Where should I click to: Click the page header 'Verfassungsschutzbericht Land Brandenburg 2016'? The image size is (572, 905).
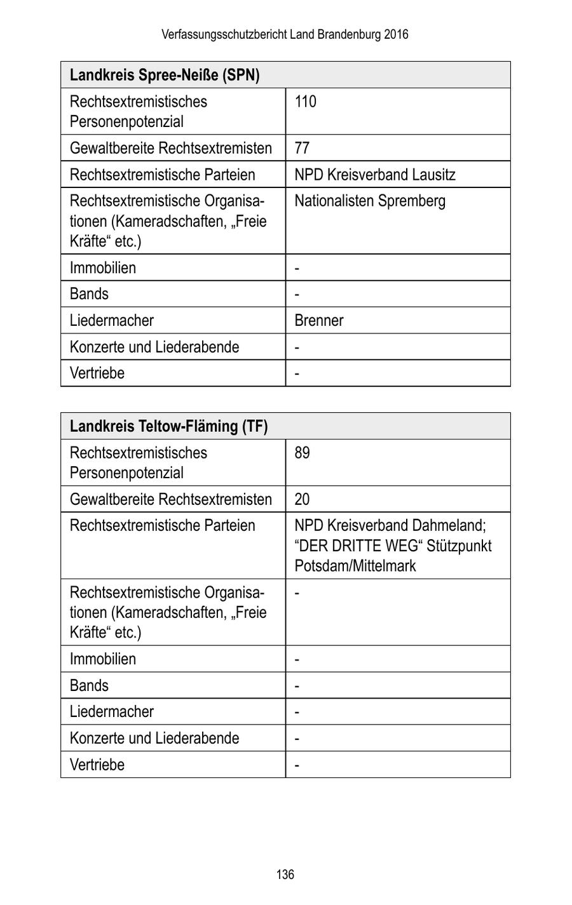[x=285, y=34]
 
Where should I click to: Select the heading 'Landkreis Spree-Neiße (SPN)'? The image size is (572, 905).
[x=165, y=75]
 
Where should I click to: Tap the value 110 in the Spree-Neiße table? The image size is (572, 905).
[x=305, y=102]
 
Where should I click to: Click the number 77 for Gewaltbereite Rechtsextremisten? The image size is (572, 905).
[x=302, y=148]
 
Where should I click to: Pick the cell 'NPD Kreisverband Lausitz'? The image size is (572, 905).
[x=374, y=175]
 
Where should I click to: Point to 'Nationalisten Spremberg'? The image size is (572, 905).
[x=369, y=201]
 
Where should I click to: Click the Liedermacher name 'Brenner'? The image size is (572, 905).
[x=318, y=320]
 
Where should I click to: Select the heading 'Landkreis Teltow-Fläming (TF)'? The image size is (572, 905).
[x=168, y=426]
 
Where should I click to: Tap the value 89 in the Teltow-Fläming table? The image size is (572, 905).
[x=302, y=453]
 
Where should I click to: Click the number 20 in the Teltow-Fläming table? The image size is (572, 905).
[x=302, y=499]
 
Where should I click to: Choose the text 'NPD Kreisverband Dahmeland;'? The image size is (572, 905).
[x=390, y=526]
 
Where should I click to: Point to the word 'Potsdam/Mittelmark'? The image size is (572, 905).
[x=355, y=566]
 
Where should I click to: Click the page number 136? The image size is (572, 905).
[x=285, y=875]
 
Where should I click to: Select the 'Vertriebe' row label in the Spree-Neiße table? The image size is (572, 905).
[x=97, y=373]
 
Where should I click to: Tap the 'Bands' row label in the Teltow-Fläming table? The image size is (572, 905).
[x=89, y=685]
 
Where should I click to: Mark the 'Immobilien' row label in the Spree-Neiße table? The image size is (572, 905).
[x=102, y=267]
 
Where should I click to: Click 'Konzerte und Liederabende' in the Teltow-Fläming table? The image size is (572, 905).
[x=154, y=738]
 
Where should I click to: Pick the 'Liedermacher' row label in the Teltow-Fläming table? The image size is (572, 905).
[x=111, y=711]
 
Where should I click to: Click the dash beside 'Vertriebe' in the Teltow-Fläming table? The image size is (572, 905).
[x=297, y=765]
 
